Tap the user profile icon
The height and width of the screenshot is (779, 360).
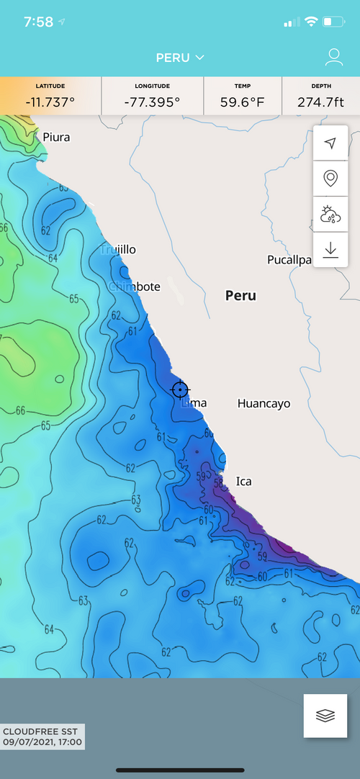pos(333,57)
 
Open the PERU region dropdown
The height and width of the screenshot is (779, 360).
pos(180,57)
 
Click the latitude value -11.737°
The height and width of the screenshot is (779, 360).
pos(50,102)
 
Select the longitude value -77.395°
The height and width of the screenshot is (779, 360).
pos(152,102)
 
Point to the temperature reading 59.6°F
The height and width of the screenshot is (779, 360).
pos(242,102)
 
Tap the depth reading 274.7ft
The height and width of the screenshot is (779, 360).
pos(320,102)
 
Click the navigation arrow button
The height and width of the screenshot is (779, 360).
pos(330,143)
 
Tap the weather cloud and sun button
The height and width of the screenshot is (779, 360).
pos(330,214)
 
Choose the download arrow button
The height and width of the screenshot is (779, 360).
pos(330,249)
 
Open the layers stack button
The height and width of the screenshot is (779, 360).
pos(325,716)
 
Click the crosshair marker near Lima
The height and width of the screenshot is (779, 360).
pos(180,389)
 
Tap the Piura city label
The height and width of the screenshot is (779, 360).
pos(56,137)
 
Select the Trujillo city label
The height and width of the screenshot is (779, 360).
pos(118,249)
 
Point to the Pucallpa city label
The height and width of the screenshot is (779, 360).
pos(289,259)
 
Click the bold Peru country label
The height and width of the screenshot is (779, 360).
pos(240,295)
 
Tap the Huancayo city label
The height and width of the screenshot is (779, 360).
pos(264,403)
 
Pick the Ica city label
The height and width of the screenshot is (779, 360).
pos(244,481)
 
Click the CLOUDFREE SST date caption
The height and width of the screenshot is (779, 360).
pos(42,736)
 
